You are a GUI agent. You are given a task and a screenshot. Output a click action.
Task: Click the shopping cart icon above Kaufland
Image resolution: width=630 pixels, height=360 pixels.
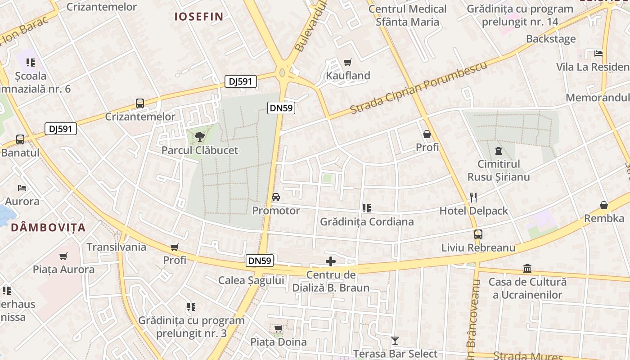point(347,63)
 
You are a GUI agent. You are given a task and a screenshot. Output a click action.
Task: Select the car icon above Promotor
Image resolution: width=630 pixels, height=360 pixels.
point(276,197)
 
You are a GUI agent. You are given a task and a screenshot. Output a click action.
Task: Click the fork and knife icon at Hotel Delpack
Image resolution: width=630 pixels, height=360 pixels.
point(473,197)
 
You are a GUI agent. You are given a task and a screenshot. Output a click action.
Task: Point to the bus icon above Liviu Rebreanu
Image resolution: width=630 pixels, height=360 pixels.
point(478,234)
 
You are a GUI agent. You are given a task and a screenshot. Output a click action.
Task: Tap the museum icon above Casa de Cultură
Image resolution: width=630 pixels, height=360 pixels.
point(527,269)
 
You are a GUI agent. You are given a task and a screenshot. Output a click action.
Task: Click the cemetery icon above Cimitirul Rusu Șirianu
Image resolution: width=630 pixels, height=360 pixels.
point(498,151)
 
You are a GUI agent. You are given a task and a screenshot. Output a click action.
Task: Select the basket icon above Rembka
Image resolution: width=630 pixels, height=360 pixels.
point(604,206)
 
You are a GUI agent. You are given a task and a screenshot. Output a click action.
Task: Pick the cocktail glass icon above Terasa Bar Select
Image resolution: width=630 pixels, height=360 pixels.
point(395,341)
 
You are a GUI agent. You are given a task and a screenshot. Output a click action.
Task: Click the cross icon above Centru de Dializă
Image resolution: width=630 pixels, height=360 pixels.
point(331,261)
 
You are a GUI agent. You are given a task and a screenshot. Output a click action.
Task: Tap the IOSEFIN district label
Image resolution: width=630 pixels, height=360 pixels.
point(199,17)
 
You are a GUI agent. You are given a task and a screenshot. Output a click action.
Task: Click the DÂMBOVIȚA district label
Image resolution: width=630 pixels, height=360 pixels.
point(48,228)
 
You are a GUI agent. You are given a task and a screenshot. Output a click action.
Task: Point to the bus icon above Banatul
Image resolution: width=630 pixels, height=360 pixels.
point(20,139)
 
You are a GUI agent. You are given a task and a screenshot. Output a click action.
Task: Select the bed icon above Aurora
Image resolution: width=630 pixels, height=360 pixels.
point(22,188)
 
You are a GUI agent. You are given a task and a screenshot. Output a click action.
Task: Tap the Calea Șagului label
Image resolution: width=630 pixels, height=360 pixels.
point(251,280)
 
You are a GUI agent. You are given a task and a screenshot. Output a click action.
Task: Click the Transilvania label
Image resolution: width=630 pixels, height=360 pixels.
point(116,247)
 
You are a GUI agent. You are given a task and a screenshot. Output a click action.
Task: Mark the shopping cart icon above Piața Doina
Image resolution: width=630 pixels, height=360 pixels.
point(279,329)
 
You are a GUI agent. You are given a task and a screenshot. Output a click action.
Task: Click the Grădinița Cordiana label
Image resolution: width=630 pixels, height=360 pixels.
point(367,222)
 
